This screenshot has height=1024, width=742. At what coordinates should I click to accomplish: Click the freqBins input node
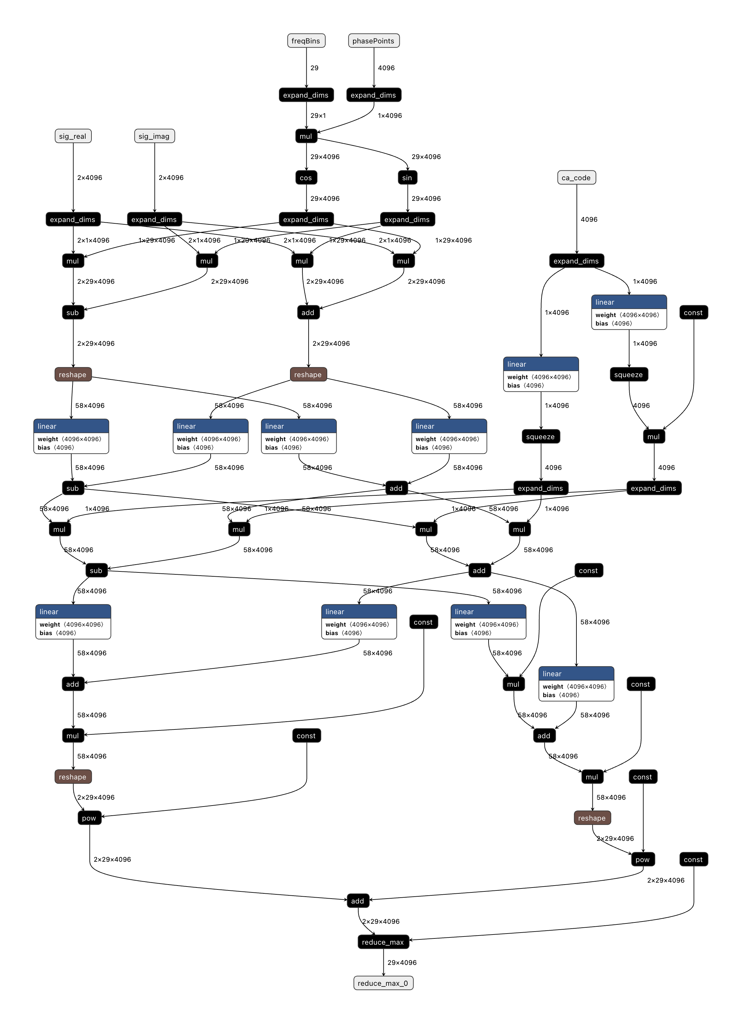click(x=306, y=40)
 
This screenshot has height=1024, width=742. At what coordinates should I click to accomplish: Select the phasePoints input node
click(x=374, y=40)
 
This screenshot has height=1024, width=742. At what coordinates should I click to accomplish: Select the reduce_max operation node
click(x=383, y=942)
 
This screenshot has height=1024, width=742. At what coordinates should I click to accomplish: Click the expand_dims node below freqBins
click(x=306, y=95)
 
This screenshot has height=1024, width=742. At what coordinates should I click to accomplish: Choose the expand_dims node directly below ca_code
click(x=576, y=261)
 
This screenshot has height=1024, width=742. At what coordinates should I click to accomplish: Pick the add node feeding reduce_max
click(x=358, y=901)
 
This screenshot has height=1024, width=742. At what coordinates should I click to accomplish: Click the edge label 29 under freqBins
click(x=314, y=68)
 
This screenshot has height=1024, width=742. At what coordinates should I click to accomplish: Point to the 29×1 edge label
click(x=318, y=116)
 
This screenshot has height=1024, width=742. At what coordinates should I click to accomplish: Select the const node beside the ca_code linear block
click(x=693, y=312)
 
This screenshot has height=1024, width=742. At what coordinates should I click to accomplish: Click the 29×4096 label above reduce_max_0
click(x=402, y=963)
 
